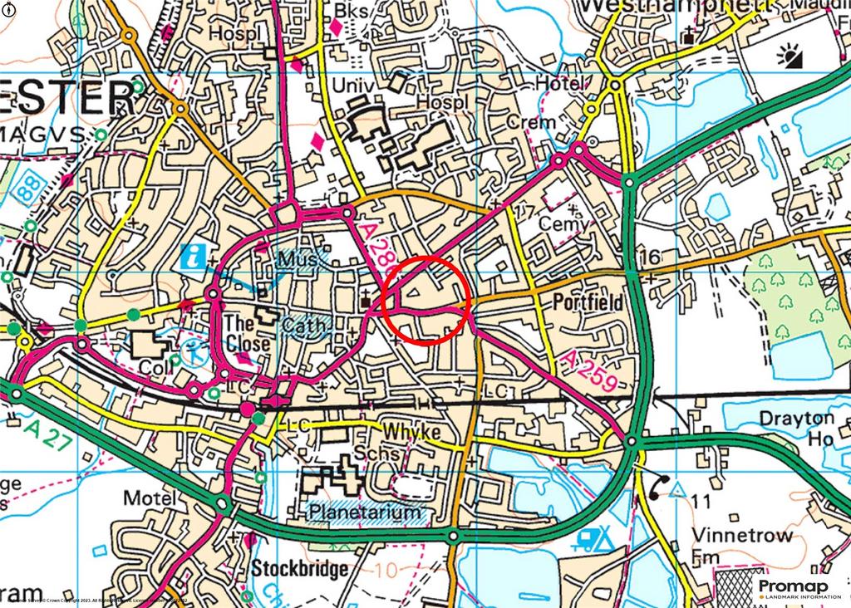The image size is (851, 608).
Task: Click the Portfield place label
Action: [x=588, y=303]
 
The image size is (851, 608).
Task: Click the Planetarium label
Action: [x=364, y=512]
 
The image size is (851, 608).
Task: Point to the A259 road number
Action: [x=588, y=370]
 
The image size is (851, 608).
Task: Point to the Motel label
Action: [x=150, y=498]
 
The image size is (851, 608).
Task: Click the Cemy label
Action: [x=563, y=224]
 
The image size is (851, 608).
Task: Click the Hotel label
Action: [x=561, y=85]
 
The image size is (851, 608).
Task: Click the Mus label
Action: [x=298, y=260]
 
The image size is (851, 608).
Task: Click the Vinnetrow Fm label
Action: [x=741, y=547]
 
